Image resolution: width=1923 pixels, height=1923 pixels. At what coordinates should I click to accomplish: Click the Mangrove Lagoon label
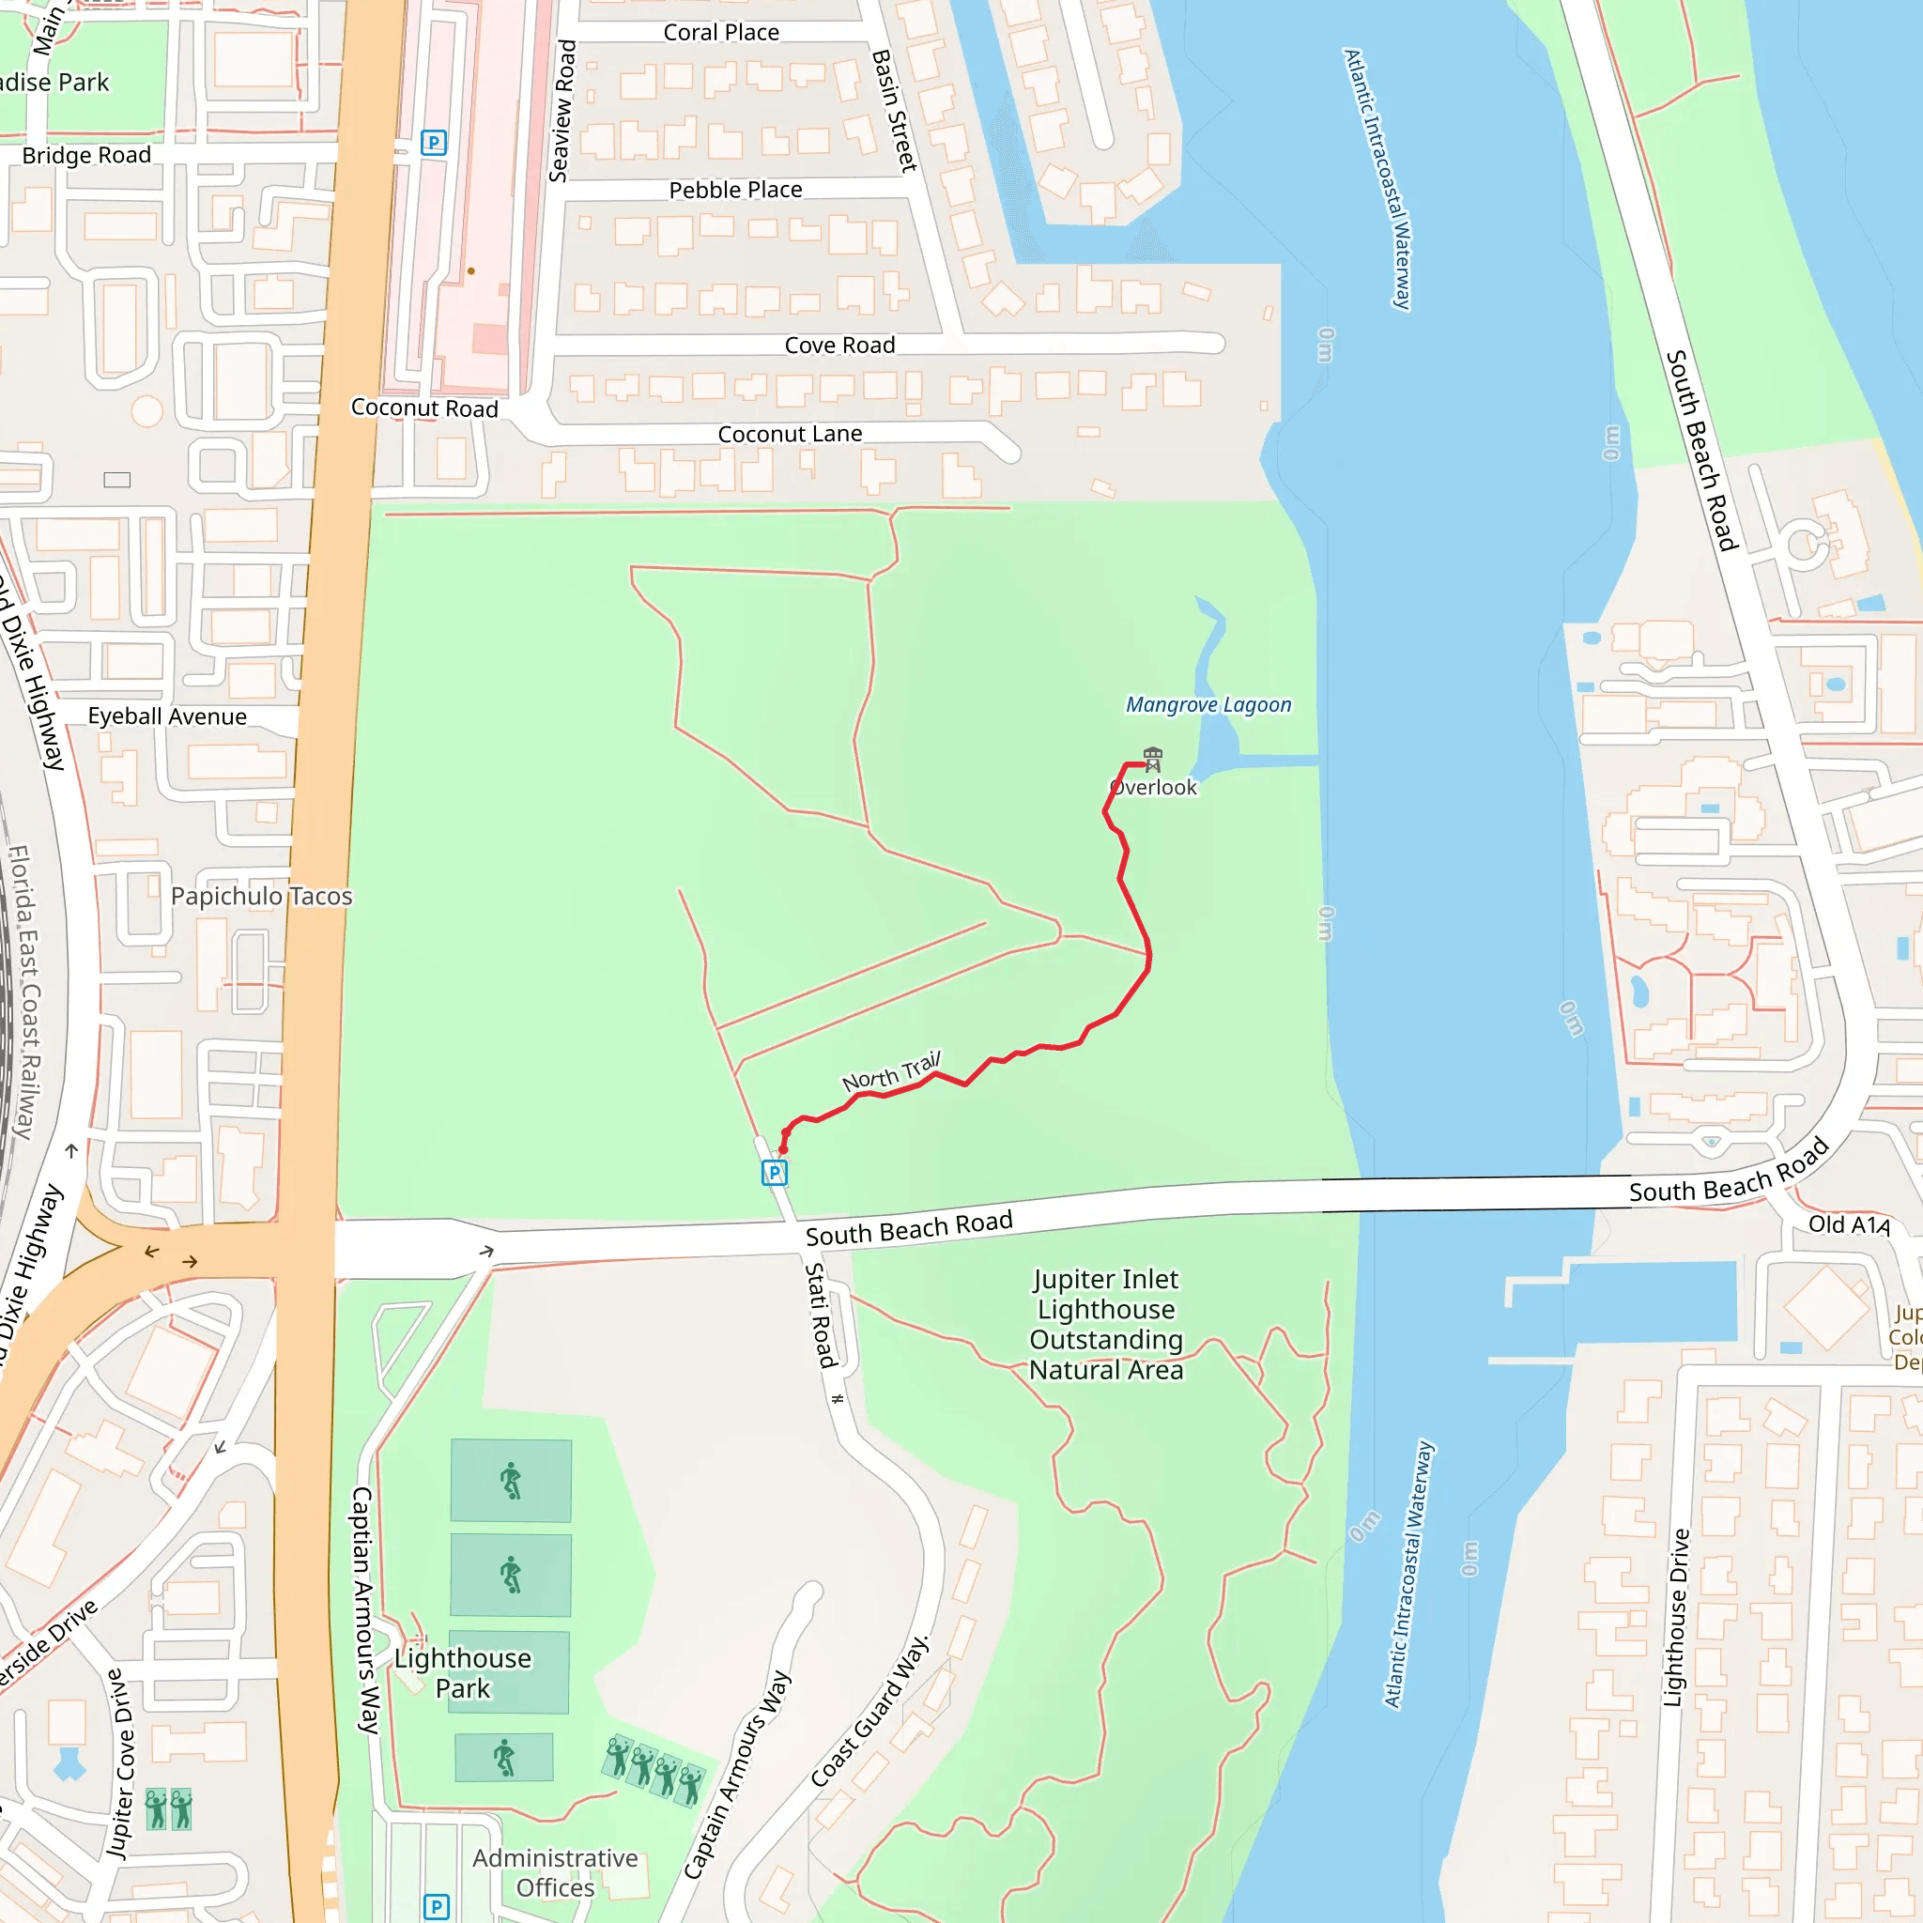click(x=1208, y=705)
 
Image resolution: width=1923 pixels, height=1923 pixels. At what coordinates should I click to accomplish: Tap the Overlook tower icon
click(x=1153, y=759)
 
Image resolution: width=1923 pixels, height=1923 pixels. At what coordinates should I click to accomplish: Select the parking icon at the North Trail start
click(x=775, y=1173)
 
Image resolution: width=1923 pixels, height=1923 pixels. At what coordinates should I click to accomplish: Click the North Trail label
click(x=891, y=1072)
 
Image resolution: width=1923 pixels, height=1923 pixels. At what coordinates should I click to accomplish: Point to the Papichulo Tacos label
click(x=261, y=896)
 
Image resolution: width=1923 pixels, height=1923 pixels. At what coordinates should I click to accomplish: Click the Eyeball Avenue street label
click(x=167, y=716)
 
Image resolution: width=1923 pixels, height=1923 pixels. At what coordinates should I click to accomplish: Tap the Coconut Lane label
click(x=790, y=434)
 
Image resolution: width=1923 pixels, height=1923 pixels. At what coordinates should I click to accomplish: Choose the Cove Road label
click(x=839, y=346)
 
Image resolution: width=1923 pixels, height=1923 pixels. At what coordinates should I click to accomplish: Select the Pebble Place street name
click(x=734, y=190)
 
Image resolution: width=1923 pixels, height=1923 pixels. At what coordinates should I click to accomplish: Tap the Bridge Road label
click(x=86, y=155)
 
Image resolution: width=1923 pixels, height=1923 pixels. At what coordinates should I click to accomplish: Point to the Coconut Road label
click(x=424, y=408)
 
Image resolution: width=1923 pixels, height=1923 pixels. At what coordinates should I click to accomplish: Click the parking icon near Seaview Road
click(x=433, y=143)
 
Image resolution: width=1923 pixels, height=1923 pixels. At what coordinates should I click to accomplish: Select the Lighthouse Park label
click(x=463, y=1673)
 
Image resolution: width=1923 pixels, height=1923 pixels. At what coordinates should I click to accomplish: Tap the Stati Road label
click(x=820, y=1315)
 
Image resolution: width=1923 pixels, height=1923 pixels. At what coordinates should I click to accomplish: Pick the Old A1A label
click(x=1848, y=1224)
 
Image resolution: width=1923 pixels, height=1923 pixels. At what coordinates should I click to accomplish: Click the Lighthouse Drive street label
click(x=1677, y=1618)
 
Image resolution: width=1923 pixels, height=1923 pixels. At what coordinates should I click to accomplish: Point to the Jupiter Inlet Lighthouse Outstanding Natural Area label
click(x=1106, y=1324)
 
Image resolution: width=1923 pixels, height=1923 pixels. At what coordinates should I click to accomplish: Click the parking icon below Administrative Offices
click(x=436, y=1906)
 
